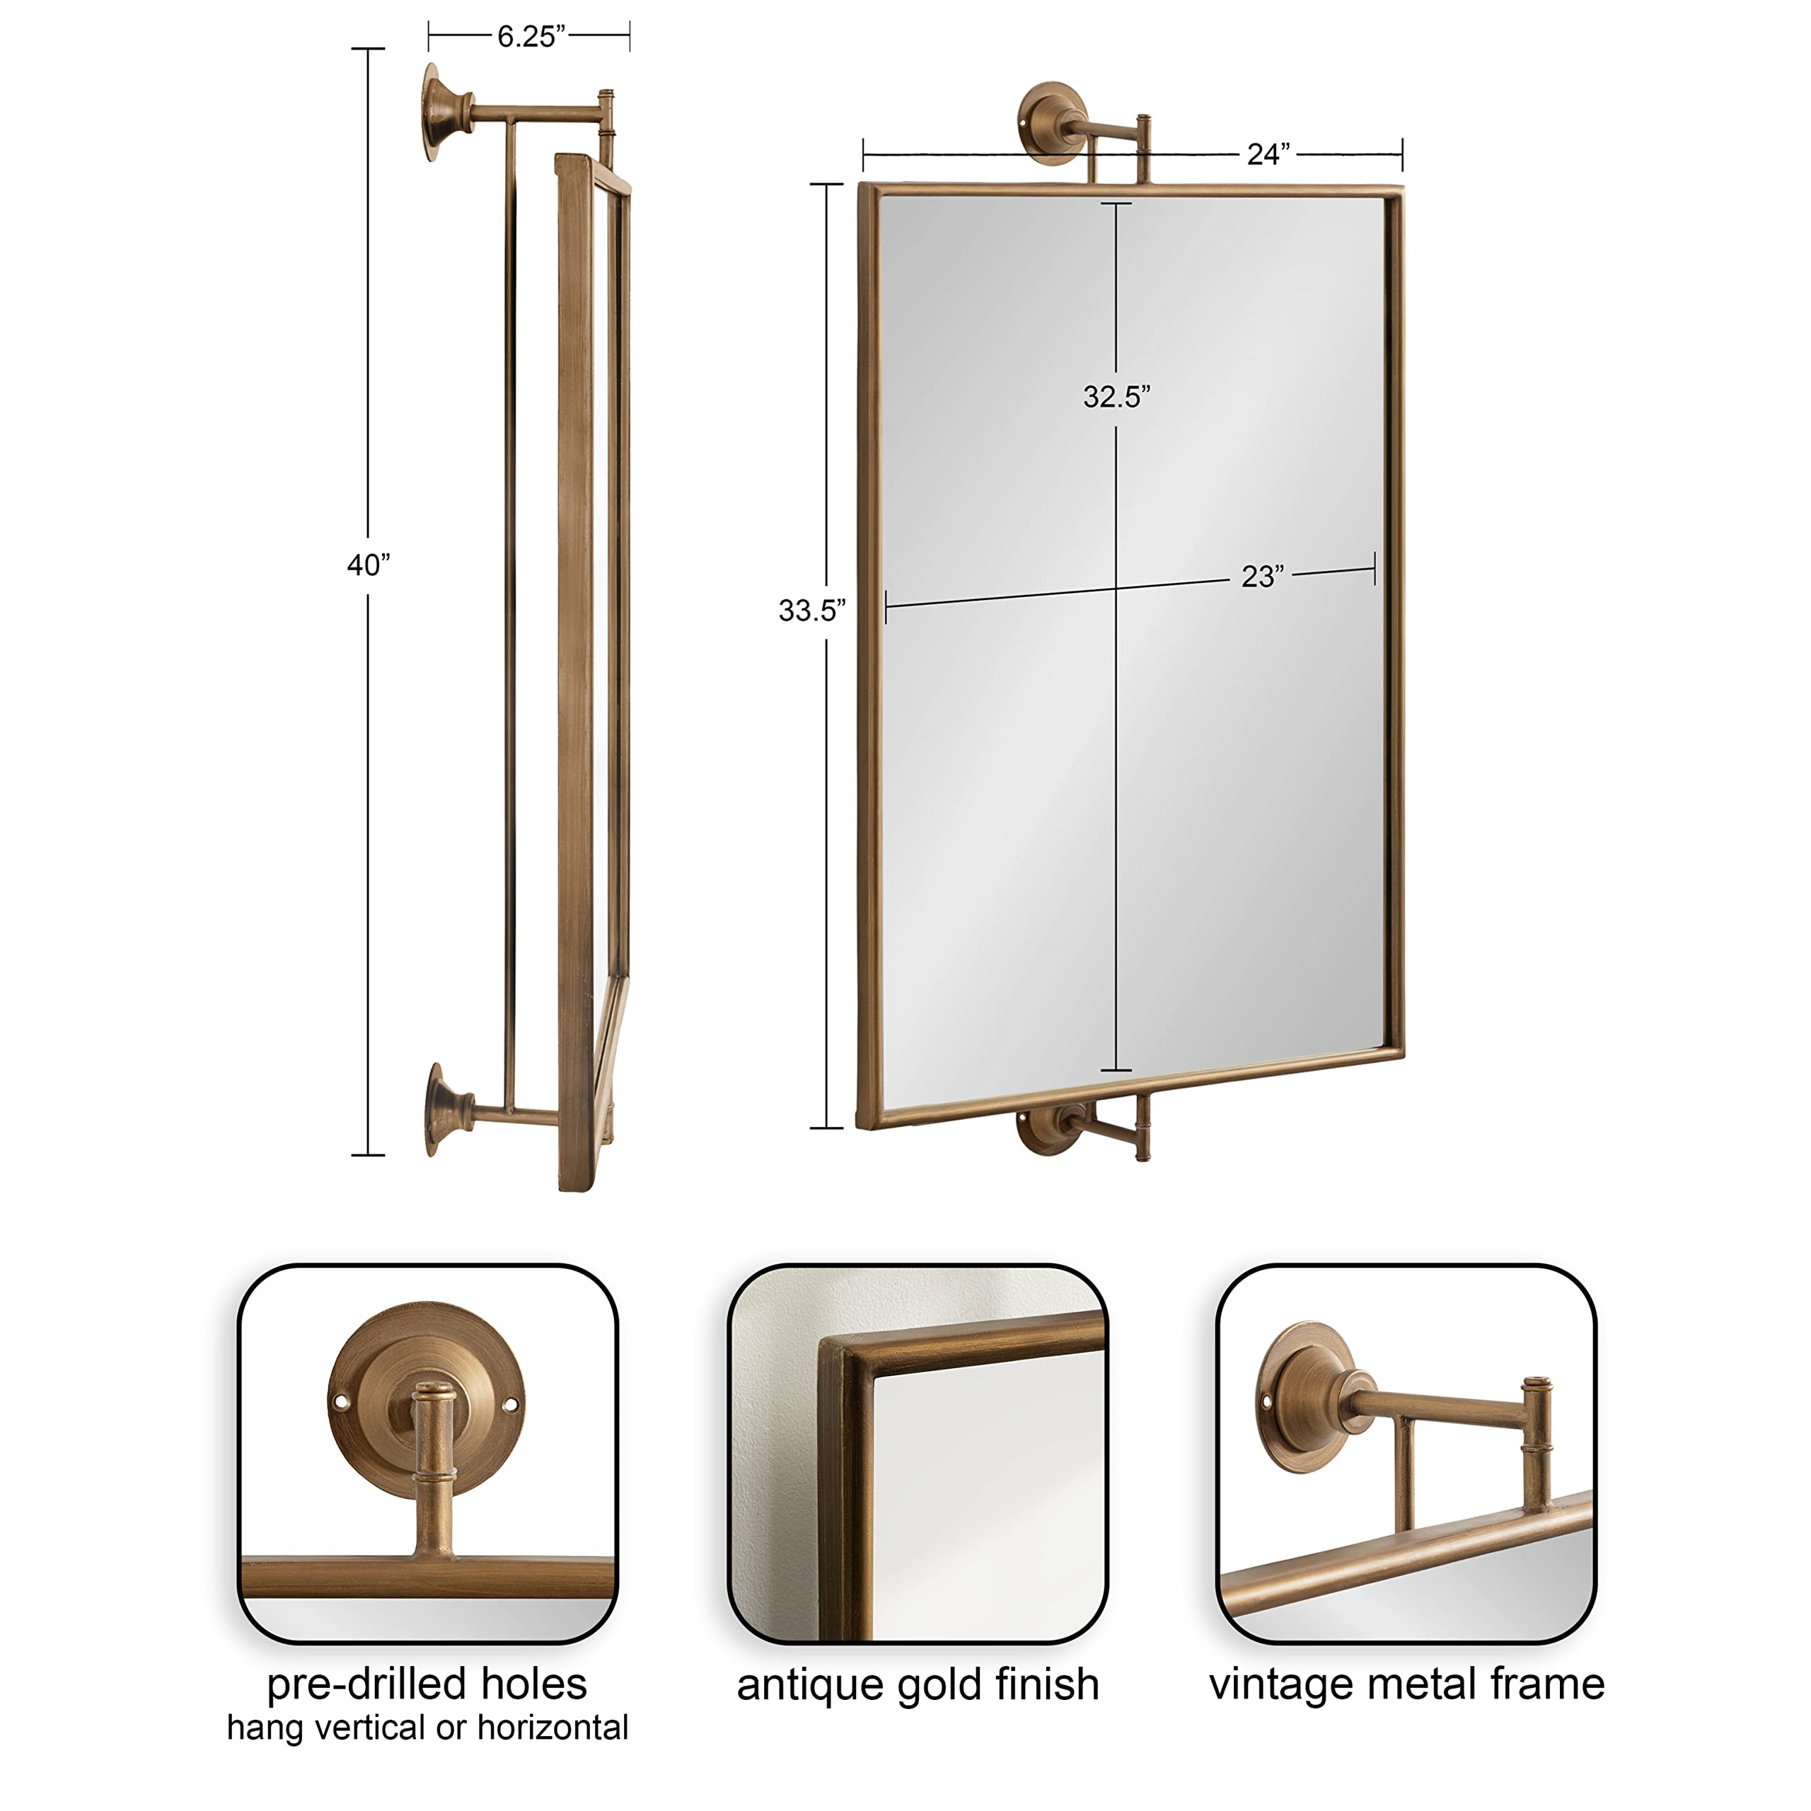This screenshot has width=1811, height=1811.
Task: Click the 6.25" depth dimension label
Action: tap(531, 37)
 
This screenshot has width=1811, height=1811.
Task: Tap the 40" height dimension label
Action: tap(369, 565)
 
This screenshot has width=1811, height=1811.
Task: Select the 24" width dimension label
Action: tap(1267, 154)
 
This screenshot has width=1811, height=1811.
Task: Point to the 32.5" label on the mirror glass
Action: tap(1116, 396)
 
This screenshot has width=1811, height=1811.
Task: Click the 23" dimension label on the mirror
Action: tap(1262, 576)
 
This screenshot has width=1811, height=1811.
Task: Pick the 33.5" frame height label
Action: tap(811, 611)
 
